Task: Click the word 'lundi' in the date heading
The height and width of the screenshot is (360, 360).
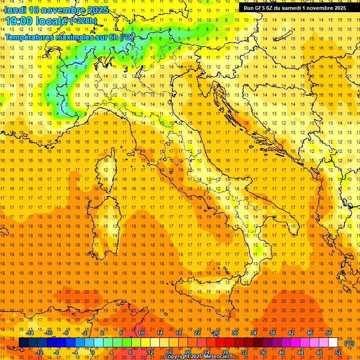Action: click(15, 10)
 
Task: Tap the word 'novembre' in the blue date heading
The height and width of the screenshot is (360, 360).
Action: click(63, 10)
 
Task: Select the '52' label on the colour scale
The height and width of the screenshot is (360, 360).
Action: click(337, 352)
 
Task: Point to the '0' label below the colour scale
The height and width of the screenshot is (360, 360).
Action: click(93, 352)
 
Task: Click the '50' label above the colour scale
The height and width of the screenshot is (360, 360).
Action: click(329, 333)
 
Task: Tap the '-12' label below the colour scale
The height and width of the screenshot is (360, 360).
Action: click(39, 352)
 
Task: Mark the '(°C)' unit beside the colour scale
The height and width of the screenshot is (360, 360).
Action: click(349, 343)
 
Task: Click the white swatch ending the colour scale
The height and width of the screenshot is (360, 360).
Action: click(333, 343)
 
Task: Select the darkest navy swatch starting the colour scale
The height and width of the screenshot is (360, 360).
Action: click(23, 343)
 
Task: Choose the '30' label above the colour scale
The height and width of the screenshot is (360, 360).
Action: click(235, 333)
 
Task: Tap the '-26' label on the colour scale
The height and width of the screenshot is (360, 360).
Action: click(215, 333)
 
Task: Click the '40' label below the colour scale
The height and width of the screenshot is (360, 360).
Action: click(281, 352)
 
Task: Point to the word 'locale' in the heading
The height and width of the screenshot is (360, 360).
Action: click(52, 21)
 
